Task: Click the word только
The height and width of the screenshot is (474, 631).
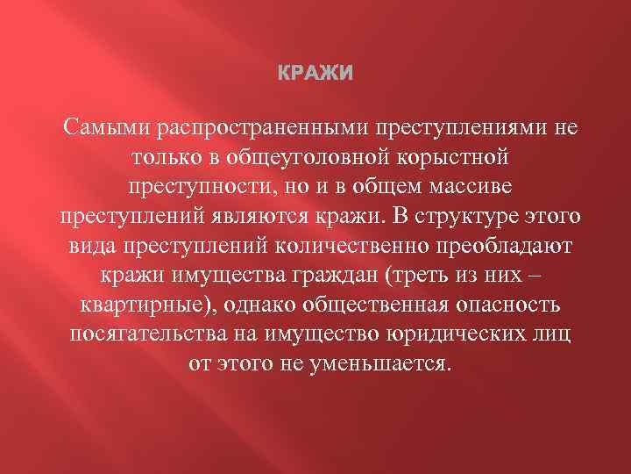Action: click(x=167, y=159)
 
